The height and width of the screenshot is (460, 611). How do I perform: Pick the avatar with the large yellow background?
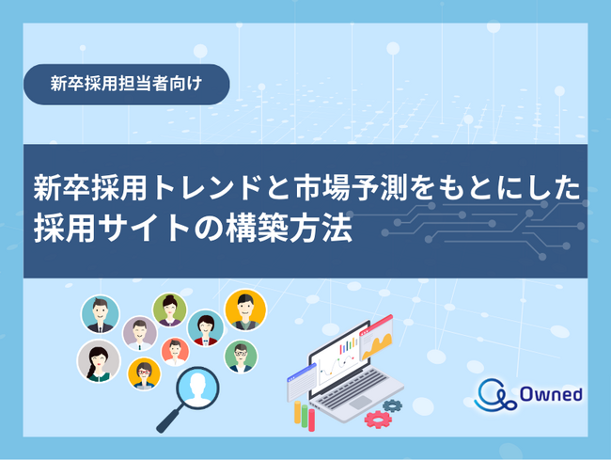click(x=245, y=309)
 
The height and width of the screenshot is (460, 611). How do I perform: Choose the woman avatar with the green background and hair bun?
click(x=170, y=310)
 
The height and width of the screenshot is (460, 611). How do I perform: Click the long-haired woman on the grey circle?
click(x=98, y=360)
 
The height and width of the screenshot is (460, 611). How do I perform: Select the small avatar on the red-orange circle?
click(x=175, y=351)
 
